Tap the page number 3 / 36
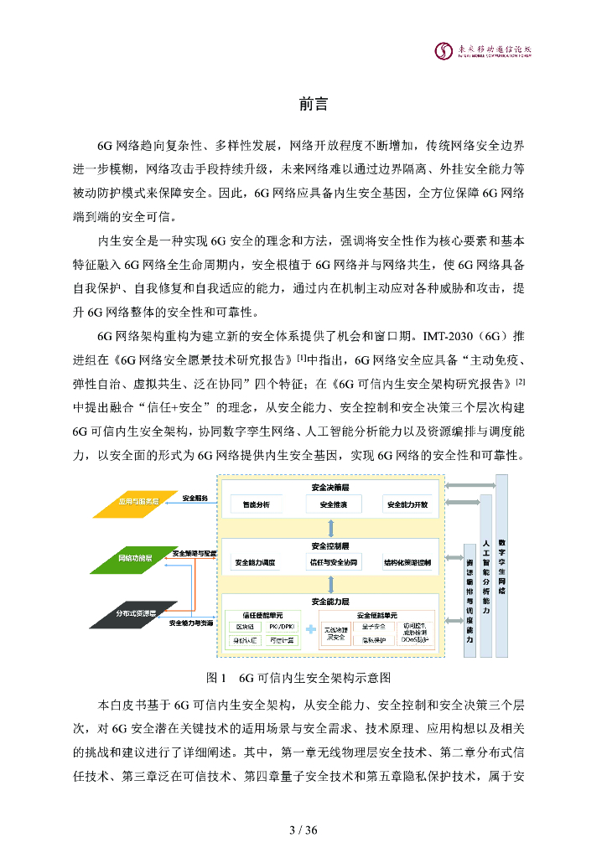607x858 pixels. click(303, 830)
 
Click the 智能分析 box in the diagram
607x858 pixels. click(256, 505)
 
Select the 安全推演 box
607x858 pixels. click(333, 505)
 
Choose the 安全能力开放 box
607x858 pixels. click(407, 505)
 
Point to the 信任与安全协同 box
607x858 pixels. click(333, 562)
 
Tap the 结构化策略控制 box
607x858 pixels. click(407, 562)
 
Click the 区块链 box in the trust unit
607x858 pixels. click(246, 626)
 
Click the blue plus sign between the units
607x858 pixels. click(309, 629)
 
